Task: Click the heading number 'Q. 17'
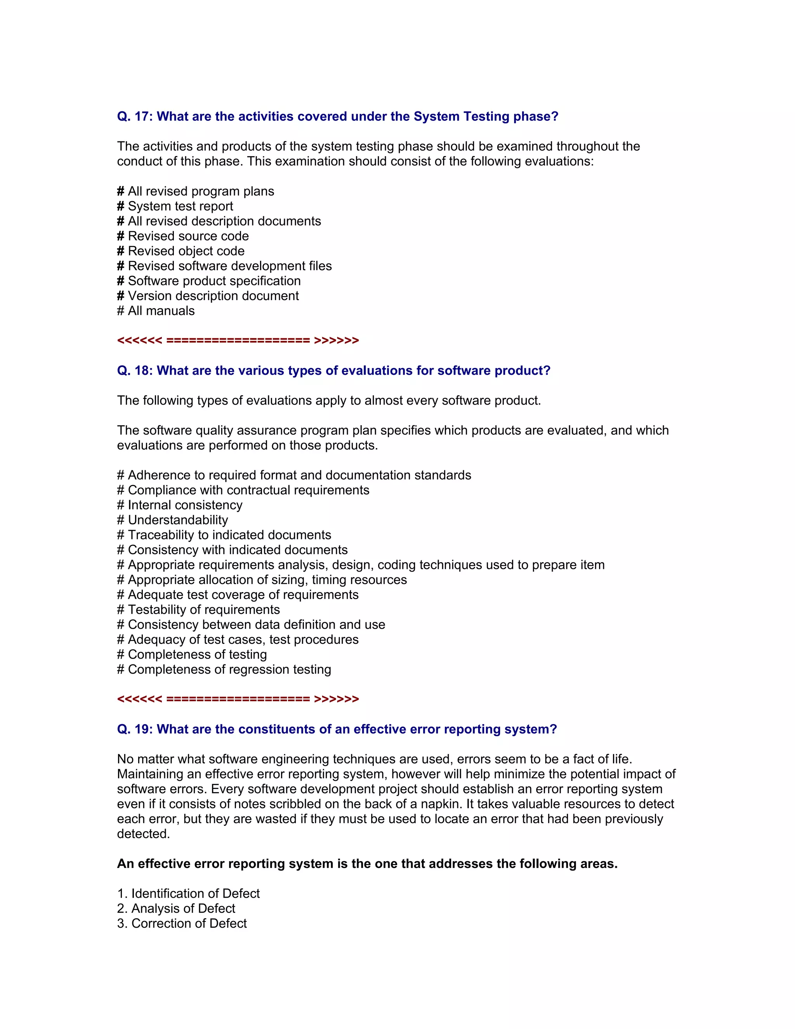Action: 134,116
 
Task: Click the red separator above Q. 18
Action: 238,341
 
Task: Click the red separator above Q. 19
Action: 238,699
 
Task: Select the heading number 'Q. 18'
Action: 134,371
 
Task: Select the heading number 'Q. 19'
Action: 134,729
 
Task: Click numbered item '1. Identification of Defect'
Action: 188,894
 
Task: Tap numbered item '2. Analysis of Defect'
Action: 176,909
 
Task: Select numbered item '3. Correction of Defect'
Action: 182,923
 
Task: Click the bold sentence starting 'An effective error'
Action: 367,864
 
